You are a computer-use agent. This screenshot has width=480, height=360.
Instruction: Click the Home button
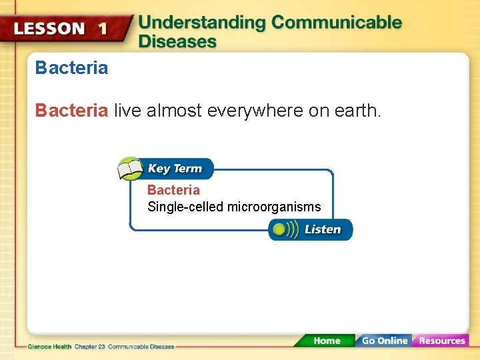tap(326, 341)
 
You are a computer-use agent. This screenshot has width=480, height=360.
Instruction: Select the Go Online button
tap(384, 341)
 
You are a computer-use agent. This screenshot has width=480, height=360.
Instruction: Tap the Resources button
tap(441, 341)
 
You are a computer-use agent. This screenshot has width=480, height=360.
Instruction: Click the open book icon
tap(131, 169)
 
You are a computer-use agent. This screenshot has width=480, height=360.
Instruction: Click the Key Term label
tap(175, 169)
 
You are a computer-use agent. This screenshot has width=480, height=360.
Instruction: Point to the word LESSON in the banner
tap(50, 29)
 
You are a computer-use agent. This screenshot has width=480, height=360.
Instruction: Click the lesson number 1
tap(102, 28)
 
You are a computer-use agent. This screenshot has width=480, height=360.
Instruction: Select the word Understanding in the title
tap(202, 22)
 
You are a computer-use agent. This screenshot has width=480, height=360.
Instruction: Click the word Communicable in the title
tap(337, 22)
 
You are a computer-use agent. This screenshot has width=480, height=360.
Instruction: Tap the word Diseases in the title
tap(177, 41)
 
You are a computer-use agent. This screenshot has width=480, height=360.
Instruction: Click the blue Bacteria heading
tap(71, 68)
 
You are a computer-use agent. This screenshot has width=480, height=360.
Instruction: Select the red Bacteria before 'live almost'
tap(71, 110)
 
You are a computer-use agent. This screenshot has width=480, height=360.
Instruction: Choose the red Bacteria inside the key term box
tap(173, 190)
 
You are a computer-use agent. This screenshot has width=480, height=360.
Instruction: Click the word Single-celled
tap(185, 207)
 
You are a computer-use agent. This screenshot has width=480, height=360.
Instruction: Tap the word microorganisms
tap(274, 207)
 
